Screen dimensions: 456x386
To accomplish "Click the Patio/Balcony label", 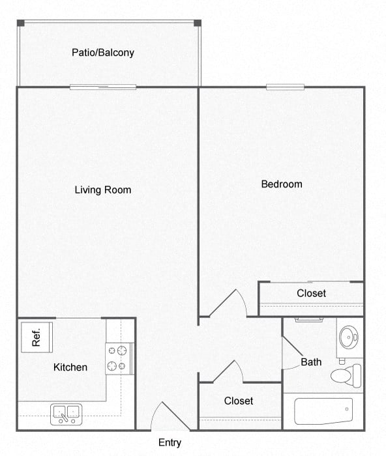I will click(x=103, y=52).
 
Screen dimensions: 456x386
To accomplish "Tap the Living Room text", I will click(x=103, y=190).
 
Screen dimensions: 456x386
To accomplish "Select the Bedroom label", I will click(x=282, y=184).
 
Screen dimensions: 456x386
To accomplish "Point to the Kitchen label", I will click(x=70, y=367).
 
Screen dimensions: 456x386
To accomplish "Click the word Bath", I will click(x=311, y=362).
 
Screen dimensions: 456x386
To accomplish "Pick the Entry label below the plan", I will click(x=170, y=443).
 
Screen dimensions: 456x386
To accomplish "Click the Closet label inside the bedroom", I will click(x=311, y=293).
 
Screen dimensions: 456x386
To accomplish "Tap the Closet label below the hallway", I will click(x=239, y=401).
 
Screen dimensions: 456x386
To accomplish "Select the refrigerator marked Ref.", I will click(x=37, y=337).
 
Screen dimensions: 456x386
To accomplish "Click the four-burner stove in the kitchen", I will click(x=119, y=358).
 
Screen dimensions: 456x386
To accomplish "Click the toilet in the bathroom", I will click(x=345, y=375).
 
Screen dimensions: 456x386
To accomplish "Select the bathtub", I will click(x=323, y=411).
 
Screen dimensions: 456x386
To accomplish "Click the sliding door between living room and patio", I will click(x=103, y=87).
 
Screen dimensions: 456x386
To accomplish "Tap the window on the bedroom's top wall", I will click(x=285, y=87).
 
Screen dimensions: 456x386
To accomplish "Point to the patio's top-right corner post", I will click(x=198, y=23).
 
